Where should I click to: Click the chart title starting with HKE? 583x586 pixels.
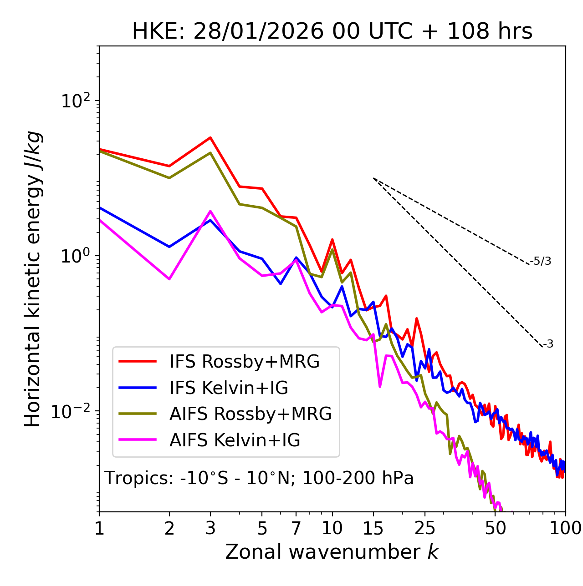pyautogui.click(x=332, y=32)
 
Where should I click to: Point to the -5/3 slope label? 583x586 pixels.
pyautogui.click(x=541, y=262)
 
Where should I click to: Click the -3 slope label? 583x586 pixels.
pyautogui.click(x=548, y=344)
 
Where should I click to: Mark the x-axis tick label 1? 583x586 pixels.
pyautogui.click(x=99, y=529)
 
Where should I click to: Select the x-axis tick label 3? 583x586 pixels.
pyautogui.click(x=210, y=529)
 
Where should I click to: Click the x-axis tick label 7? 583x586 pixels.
pyautogui.click(x=296, y=529)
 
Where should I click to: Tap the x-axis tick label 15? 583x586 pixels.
pyautogui.click(x=373, y=529)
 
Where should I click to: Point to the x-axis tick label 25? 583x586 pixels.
pyautogui.click(x=425, y=529)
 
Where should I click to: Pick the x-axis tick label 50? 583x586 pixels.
pyautogui.click(x=496, y=529)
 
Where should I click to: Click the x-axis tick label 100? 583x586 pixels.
pyautogui.click(x=565, y=529)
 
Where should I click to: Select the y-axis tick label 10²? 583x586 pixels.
pyautogui.click(x=74, y=101)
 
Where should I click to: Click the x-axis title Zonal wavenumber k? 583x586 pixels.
pyautogui.click(x=332, y=552)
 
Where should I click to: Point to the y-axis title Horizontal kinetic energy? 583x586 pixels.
pyautogui.click(x=33, y=279)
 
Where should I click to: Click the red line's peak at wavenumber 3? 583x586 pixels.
pyautogui.click(x=210, y=137)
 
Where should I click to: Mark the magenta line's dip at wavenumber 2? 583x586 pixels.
pyautogui.click(x=169, y=279)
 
